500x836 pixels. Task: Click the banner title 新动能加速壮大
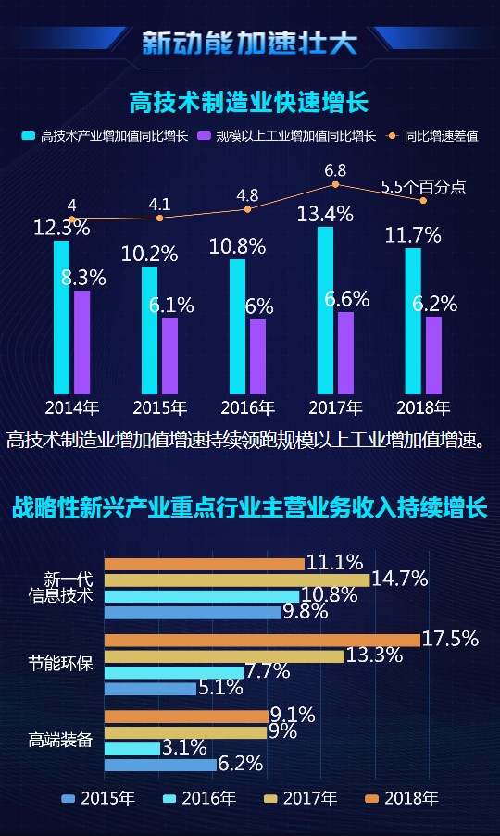pos(249,43)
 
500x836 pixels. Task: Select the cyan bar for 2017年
pos(325,310)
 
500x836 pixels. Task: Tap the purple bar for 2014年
pos(82,343)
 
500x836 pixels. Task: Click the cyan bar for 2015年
pos(149,330)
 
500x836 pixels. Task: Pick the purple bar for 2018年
pos(433,355)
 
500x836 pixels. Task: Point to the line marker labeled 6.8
pos(335,185)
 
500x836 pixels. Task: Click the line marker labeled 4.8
pos(247,209)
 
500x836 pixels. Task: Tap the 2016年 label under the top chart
pos(247,407)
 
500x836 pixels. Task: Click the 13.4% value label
pos(325,215)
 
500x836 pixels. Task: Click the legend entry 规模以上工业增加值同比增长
pos(295,136)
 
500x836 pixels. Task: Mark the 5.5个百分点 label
pos(422,187)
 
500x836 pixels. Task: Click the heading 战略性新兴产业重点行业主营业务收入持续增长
pos(249,508)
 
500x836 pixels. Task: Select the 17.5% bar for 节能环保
pos(262,640)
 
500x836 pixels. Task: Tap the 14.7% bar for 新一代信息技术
pos(236,580)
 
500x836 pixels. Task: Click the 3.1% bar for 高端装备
pos(131,748)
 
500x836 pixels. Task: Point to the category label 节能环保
pos(60,664)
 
